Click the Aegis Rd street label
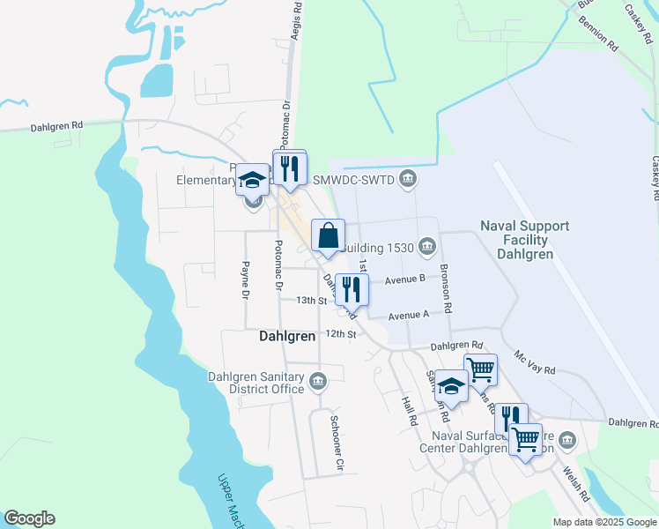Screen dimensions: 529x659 pyautogui.click(x=297, y=18)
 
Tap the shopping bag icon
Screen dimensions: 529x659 pyautogui.click(x=327, y=237)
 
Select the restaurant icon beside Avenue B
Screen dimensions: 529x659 pyautogui.click(x=352, y=289)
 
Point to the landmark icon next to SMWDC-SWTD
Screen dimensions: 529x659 pyautogui.click(x=407, y=180)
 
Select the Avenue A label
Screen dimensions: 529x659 pyautogui.click(x=408, y=315)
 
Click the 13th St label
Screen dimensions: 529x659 pyautogui.click(x=311, y=300)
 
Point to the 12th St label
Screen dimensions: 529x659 pyautogui.click(x=339, y=334)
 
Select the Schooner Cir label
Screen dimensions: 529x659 pyautogui.click(x=335, y=441)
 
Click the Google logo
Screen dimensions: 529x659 pyautogui.click(x=29, y=518)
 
